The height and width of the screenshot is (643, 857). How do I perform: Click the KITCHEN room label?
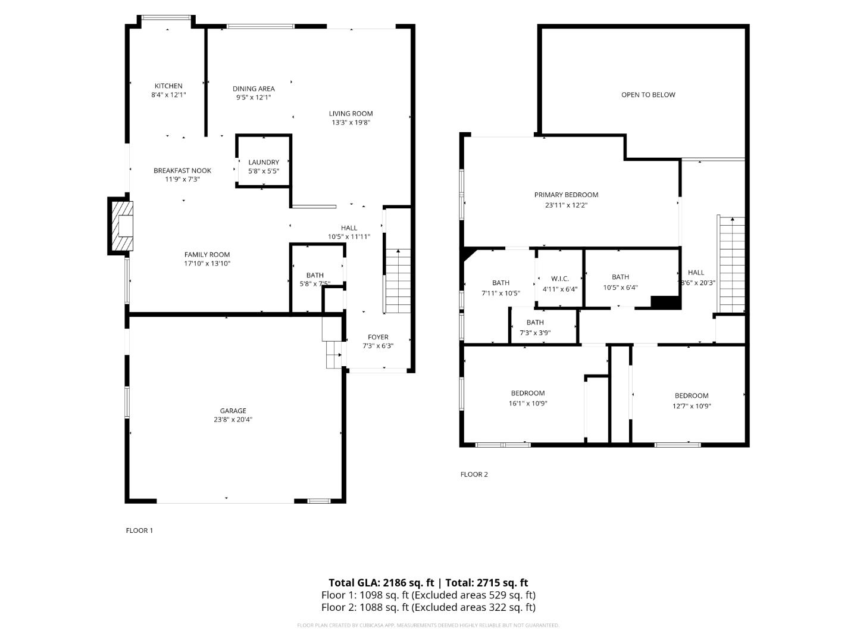click(x=168, y=86)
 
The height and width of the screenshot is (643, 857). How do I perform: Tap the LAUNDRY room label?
click(x=264, y=162)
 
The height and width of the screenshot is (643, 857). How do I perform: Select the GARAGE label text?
click(x=233, y=411)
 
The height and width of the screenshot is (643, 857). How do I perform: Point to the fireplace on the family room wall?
click(x=123, y=227)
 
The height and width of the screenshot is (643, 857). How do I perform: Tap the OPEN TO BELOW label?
click(x=648, y=95)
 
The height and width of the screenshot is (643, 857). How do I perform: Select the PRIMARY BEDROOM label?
click(x=566, y=195)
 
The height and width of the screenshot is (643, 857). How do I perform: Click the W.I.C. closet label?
click(x=560, y=279)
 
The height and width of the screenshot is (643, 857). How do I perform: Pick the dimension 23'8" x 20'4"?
click(x=233, y=420)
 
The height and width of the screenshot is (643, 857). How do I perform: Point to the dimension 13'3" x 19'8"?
click(x=351, y=123)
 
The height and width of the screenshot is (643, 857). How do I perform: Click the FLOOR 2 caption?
click(x=474, y=475)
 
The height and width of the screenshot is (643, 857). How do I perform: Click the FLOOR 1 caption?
click(x=139, y=530)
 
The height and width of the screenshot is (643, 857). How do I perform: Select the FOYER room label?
click(x=378, y=337)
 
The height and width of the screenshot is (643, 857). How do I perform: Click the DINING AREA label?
click(x=254, y=89)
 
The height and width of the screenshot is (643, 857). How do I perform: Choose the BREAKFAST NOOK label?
click(x=182, y=170)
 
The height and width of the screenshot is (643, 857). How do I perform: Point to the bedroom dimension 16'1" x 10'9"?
click(x=528, y=403)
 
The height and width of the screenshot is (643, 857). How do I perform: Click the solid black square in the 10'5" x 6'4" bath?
click(x=665, y=302)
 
